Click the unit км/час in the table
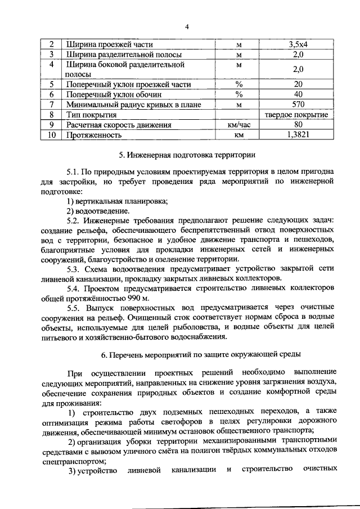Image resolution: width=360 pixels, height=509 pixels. point(238,125)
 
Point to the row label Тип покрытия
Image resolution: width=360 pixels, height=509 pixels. point(89,115)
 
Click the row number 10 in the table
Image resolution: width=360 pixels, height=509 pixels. point(51,135)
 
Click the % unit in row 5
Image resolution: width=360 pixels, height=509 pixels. point(238,84)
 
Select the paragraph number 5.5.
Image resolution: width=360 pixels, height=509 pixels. point(74,308)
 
